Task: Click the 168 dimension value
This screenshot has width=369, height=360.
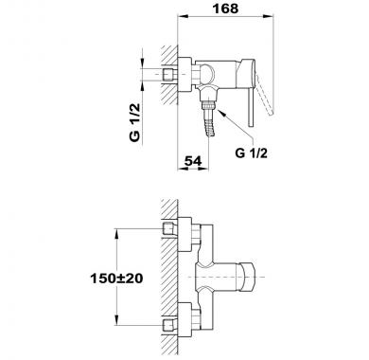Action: pos(225,9)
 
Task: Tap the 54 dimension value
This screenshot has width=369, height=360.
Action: pos(192,161)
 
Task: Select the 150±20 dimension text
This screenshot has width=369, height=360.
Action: pos(116,279)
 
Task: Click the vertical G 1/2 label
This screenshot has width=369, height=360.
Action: pos(134,122)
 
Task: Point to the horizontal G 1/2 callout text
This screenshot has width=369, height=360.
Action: pos(251,153)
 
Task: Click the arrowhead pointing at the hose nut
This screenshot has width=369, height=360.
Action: pos(220,113)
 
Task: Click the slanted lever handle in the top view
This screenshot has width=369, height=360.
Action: pos(265,96)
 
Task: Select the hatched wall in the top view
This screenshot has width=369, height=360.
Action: pos(169,75)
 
